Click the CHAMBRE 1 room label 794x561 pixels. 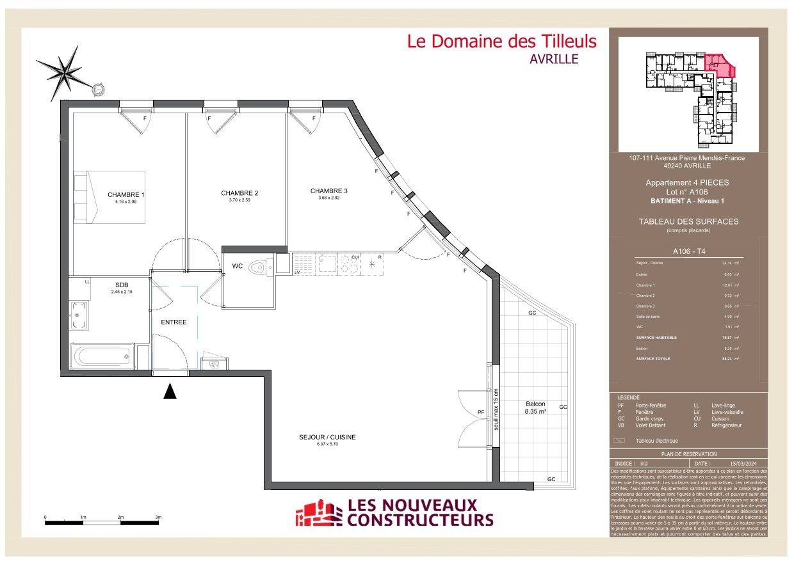126,194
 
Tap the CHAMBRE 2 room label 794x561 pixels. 239,193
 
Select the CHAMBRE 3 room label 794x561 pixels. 328,191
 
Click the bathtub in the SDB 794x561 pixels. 102,356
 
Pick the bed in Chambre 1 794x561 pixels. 109,196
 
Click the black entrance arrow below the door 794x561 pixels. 170,391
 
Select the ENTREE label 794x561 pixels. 174,322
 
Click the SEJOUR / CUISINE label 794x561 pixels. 327,438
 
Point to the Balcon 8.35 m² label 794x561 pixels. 535,407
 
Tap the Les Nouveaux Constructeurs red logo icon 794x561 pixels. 318,513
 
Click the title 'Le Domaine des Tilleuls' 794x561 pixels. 501,42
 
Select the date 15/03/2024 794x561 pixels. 743,463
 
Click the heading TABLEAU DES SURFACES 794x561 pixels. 688,221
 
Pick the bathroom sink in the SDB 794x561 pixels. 79,315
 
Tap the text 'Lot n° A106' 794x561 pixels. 687,192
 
